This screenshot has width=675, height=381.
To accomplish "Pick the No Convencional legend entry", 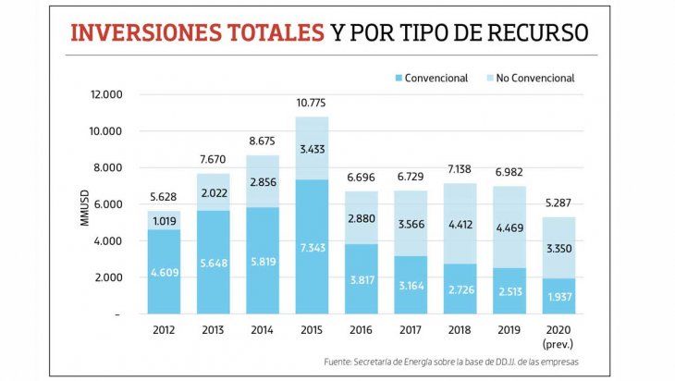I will (534, 78).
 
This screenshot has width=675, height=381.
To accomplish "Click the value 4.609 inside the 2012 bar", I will (163, 273).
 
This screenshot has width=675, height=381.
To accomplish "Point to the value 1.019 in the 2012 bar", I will (163, 222).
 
